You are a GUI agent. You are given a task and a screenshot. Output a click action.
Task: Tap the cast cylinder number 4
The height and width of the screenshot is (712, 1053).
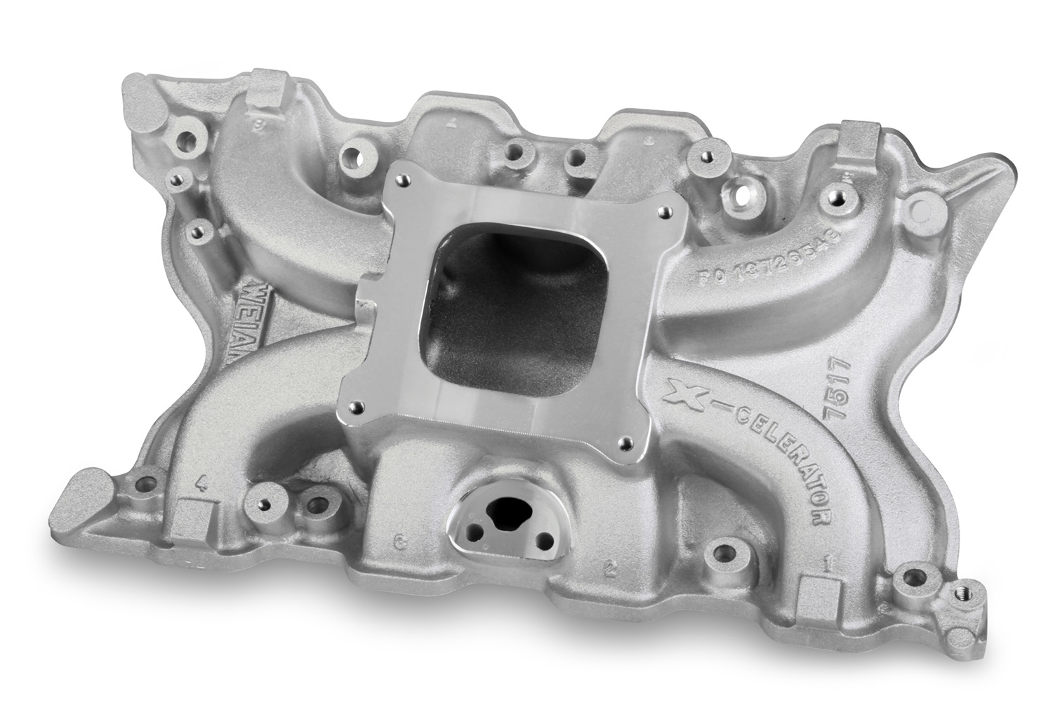(x=203, y=482)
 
